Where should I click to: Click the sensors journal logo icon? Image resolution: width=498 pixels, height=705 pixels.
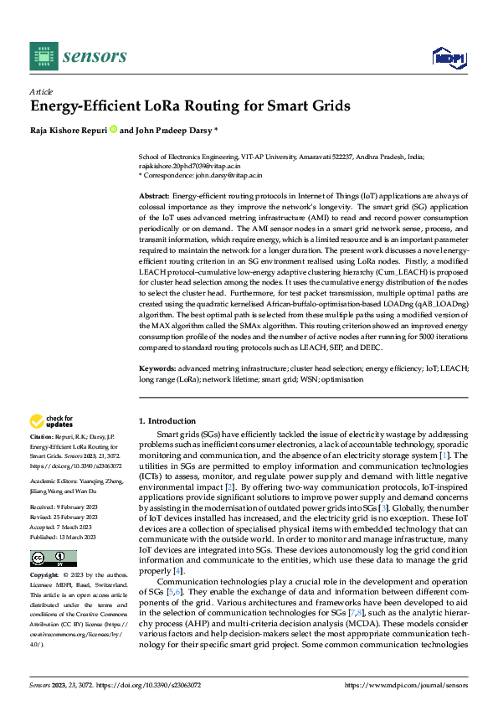pos(44,56)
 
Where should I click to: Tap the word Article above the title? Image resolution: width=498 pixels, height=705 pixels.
pos(41,91)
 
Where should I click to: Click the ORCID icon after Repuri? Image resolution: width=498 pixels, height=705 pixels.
pos(113,130)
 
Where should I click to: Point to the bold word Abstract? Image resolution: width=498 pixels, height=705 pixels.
pos(154,194)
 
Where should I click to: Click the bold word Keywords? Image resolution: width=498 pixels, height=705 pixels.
pos(157,368)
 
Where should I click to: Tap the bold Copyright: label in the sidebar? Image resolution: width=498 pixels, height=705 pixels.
pos(45,576)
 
